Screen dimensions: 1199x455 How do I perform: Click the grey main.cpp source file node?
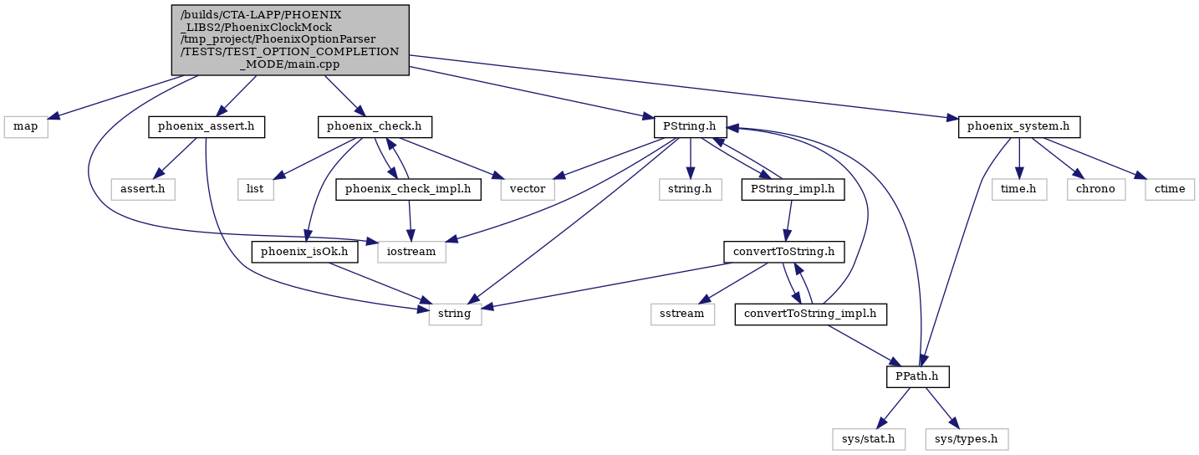[x=290, y=40]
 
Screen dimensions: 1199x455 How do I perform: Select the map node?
[x=26, y=127]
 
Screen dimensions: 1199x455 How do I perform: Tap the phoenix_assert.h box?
[x=206, y=127]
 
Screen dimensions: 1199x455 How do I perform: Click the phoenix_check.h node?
[x=374, y=127]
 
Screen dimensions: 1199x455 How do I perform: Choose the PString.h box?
[x=690, y=127]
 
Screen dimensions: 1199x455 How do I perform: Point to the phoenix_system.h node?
[x=1018, y=127]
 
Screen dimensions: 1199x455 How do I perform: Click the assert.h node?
[x=142, y=189]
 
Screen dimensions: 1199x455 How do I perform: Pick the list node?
[x=255, y=189]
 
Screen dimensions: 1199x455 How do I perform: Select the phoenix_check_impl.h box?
[x=408, y=189]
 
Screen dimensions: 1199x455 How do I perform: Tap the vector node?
[x=528, y=189]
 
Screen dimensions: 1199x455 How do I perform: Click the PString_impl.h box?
[x=793, y=189]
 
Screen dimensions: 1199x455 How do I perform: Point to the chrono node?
[x=1095, y=189]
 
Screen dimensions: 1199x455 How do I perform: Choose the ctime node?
[x=1170, y=189]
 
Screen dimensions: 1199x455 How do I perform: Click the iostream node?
[x=411, y=252]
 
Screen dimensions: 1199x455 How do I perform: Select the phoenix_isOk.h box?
[x=304, y=252]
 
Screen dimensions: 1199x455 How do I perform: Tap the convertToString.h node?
[x=783, y=252]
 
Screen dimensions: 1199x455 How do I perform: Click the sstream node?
[x=682, y=314]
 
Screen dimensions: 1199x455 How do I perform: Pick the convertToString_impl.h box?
[x=810, y=314]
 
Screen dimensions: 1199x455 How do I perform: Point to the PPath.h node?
[x=918, y=377]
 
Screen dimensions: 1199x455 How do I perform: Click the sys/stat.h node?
[x=868, y=439]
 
